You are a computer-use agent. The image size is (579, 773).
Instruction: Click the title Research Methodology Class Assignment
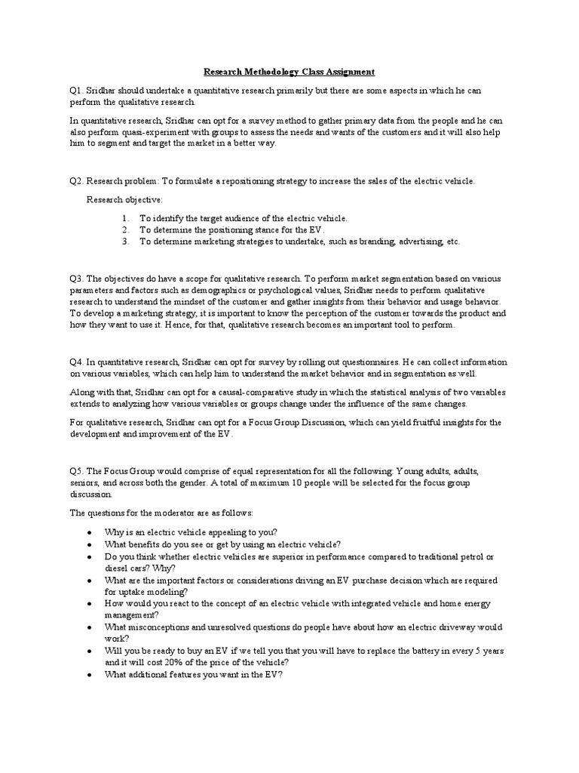point(289,72)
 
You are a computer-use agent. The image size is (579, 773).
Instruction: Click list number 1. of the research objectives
point(124,218)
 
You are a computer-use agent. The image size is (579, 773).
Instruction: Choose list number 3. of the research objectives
point(124,242)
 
